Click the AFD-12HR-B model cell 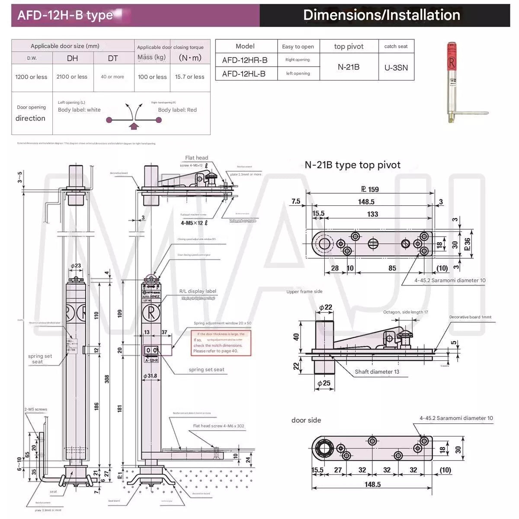[x=245, y=60]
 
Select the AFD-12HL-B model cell [x=244, y=74]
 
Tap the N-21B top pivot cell [x=349, y=67]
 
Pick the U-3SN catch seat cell [x=396, y=67]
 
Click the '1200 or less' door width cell [x=31, y=77]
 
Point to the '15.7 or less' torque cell [x=189, y=77]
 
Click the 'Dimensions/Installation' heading [x=381, y=15]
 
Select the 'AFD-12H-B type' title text [x=65, y=16]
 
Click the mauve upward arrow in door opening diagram [x=134, y=126]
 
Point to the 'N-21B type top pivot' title [x=352, y=165]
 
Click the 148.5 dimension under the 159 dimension [x=366, y=202]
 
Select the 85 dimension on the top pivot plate [x=392, y=268]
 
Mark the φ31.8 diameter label [x=150, y=376]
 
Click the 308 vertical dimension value [x=107, y=379]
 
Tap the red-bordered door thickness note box [x=221, y=343]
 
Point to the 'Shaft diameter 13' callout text [x=377, y=372]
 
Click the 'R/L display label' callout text [x=198, y=291]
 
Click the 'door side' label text [x=306, y=420]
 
